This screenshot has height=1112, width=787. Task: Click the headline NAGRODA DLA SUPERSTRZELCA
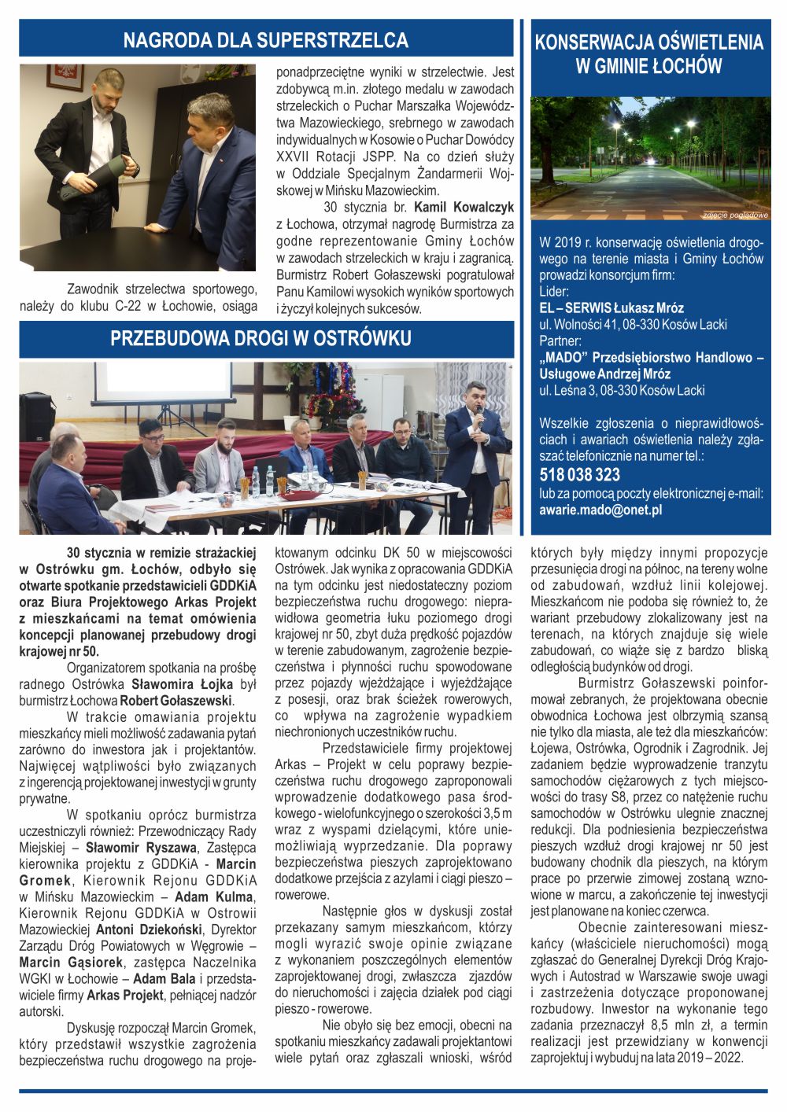265,40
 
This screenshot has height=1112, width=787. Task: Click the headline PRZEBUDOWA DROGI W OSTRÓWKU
260,339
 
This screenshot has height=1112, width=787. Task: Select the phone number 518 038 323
579,475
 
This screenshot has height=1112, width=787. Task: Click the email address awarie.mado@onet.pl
600,510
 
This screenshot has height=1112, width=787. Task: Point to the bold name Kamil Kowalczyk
464,208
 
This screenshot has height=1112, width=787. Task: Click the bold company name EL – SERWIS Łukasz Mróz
611,307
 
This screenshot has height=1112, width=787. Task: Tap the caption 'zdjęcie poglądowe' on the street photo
735,215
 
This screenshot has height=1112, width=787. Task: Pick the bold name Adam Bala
161,978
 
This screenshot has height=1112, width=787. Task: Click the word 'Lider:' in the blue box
554,291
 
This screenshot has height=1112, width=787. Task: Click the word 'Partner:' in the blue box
560,341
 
